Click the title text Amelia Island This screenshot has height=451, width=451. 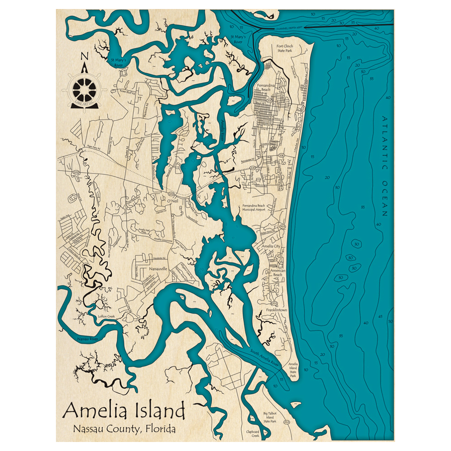(124, 410)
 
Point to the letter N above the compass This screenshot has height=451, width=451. (84, 56)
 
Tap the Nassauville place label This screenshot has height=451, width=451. (155, 268)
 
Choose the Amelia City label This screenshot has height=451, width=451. (271, 246)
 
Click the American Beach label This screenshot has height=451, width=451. (276, 272)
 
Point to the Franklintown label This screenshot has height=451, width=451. (277, 311)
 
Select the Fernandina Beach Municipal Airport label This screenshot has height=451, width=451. (253, 207)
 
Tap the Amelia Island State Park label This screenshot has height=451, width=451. (293, 369)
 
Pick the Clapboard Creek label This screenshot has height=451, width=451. (253, 433)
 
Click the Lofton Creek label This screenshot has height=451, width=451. (106, 317)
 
